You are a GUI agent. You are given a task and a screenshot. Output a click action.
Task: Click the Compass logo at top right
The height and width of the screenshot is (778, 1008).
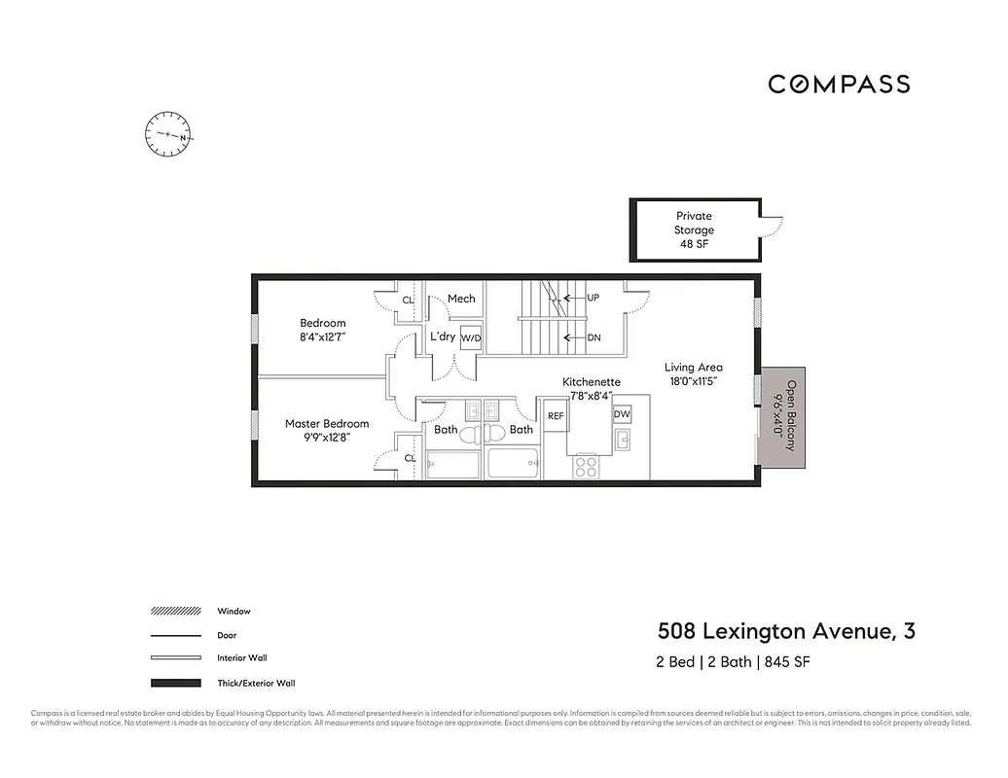[839, 85]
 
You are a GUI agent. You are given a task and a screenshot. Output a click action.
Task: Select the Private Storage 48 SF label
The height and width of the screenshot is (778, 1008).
[694, 230]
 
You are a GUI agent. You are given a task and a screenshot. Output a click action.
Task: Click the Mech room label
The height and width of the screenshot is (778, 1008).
[460, 299]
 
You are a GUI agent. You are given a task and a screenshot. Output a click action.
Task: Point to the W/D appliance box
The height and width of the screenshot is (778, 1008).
[471, 337]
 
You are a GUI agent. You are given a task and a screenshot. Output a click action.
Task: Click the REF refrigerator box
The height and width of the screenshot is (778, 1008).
[556, 415]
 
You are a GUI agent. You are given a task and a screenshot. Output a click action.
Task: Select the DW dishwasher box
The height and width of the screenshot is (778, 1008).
[622, 414]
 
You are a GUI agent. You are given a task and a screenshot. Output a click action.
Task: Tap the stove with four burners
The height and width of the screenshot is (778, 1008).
[586, 467]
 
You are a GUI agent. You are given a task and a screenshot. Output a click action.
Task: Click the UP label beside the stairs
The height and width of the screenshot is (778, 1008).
[593, 298]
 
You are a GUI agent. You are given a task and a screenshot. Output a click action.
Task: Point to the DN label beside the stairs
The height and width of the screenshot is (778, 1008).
[593, 337]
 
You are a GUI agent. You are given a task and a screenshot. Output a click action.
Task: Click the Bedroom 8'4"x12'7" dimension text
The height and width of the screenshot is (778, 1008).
[322, 336]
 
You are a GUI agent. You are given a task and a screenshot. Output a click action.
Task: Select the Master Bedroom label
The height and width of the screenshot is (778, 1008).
[327, 424]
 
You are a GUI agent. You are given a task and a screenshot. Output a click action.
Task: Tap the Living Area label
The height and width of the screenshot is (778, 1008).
[693, 368]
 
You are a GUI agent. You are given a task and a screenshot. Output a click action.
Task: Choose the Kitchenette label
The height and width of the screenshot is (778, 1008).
[591, 382]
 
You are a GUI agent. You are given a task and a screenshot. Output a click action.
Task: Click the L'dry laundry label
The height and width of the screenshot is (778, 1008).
[443, 336]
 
